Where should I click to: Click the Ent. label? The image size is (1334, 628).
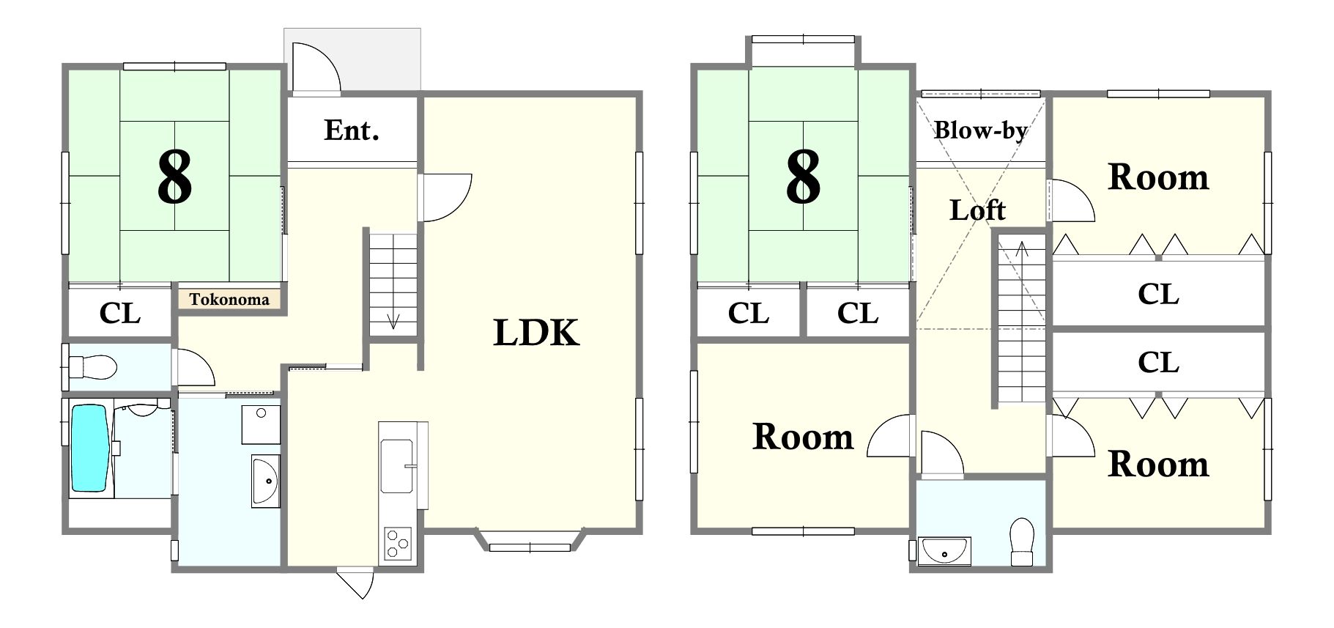[x=352, y=130]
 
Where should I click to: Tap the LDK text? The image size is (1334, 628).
[x=536, y=333]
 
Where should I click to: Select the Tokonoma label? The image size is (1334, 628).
[x=229, y=299]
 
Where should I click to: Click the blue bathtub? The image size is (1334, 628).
[x=89, y=448]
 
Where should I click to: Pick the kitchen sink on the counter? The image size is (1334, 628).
[x=397, y=465]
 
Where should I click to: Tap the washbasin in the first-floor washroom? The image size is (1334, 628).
[x=265, y=481]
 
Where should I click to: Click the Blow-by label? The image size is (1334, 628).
[x=980, y=130]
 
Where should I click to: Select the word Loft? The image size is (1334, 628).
[x=977, y=211]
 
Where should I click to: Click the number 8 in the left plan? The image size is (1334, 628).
[x=174, y=177]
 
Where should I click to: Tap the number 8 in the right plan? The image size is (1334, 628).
[x=803, y=177]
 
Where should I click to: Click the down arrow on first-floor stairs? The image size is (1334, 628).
[x=393, y=320]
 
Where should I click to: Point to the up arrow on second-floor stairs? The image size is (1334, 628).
[x=1022, y=249]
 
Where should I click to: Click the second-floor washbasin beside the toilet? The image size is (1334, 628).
[x=945, y=551]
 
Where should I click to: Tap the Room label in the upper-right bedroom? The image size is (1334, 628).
[x=1158, y=177]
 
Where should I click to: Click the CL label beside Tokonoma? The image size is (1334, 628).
[x=120, y=314]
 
